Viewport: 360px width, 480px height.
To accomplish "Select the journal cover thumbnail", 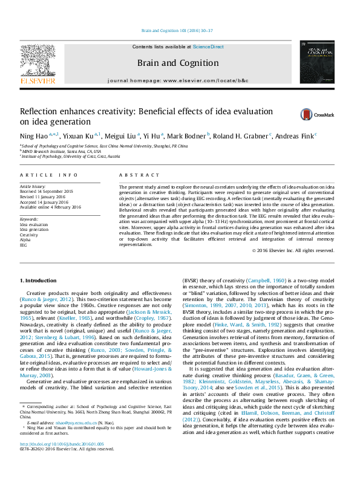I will pyautogui.click(x=317, y=63).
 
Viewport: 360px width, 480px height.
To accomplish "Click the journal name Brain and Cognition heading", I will pyautogui.click(x=178, y=63).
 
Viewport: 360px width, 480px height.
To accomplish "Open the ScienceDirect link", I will pyautogui.click(x=208, y=47).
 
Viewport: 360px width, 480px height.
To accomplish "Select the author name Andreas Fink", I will pyautogui.click(x=295, y=135).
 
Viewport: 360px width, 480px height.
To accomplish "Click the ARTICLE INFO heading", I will pyautogui.click(x=49, y=175).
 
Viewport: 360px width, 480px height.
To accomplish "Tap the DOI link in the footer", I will pyautogui.click(x=53, y=460).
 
